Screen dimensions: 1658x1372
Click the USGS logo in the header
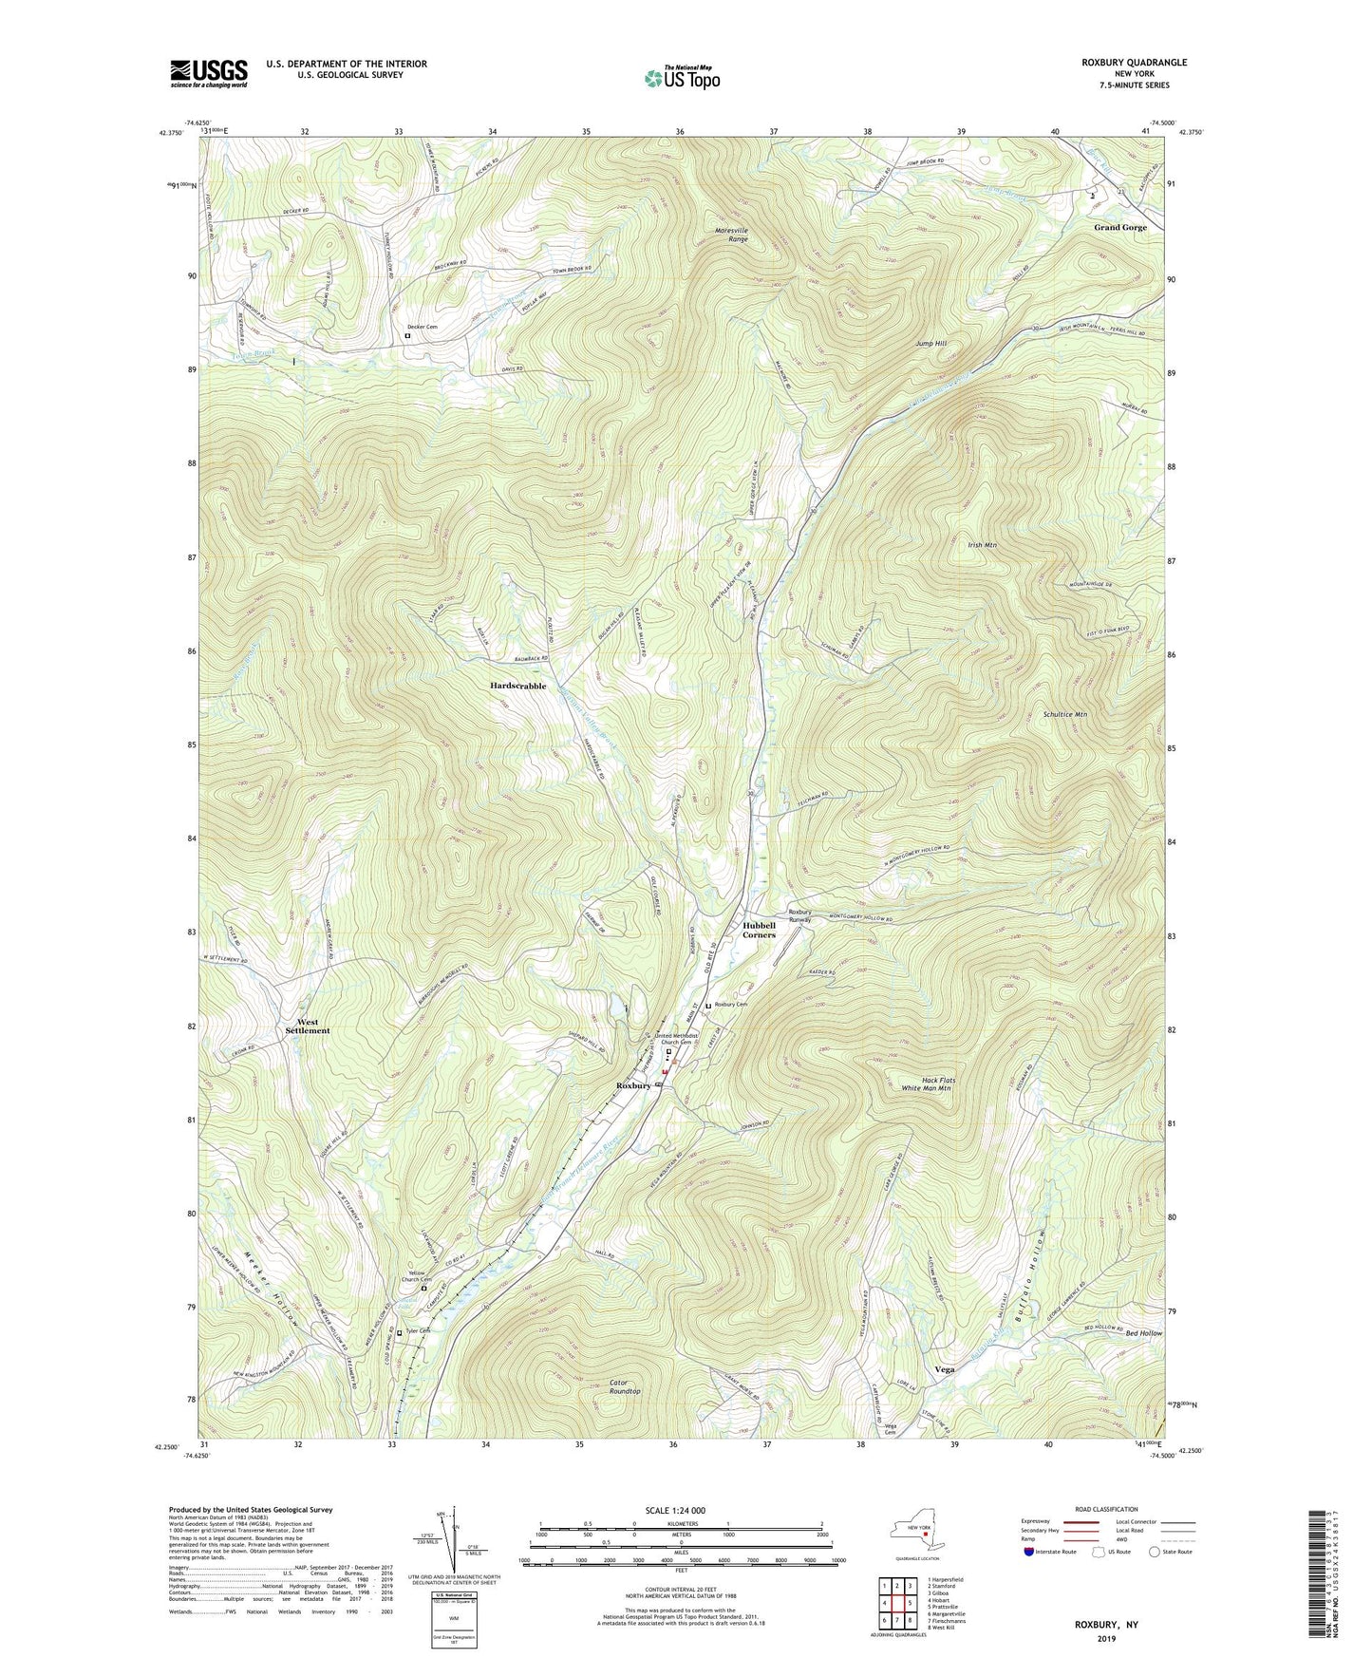point(209,73)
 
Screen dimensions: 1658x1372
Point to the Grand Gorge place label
point(1119,228)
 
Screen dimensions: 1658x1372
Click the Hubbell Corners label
point(759,930)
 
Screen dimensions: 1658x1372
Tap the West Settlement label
point(308,1026)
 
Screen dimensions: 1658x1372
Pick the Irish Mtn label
point(982,546)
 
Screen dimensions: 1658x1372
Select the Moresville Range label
point(731,235)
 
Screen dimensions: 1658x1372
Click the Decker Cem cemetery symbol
point(407,335)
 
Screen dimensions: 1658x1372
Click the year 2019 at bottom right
point(1106,1639)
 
